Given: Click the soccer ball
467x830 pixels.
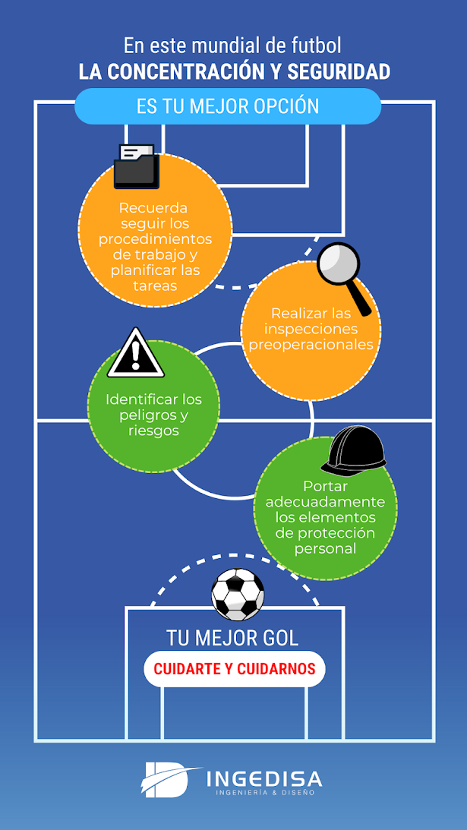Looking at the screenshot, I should tap(238, 594).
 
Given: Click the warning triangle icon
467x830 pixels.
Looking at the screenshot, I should tap(135, 354).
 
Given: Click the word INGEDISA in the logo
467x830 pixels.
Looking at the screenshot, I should tap(264, 778).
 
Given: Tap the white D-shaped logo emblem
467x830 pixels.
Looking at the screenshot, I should tap(168, 779).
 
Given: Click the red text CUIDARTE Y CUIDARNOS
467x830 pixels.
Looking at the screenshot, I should tap(235, 670).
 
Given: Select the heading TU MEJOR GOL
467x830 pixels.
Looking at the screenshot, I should tap(232, 637).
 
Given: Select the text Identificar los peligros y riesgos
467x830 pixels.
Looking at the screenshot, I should tap(153, 415).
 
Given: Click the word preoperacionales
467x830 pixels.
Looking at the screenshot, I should tap(311, 344).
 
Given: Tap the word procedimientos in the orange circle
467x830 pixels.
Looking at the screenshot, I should tap(156, 239).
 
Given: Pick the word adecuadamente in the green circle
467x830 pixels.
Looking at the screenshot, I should tap(325, 503).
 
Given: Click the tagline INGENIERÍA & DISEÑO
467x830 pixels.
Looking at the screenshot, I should tap(265, 793).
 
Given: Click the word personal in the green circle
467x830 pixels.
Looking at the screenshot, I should tap(325, 548).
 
